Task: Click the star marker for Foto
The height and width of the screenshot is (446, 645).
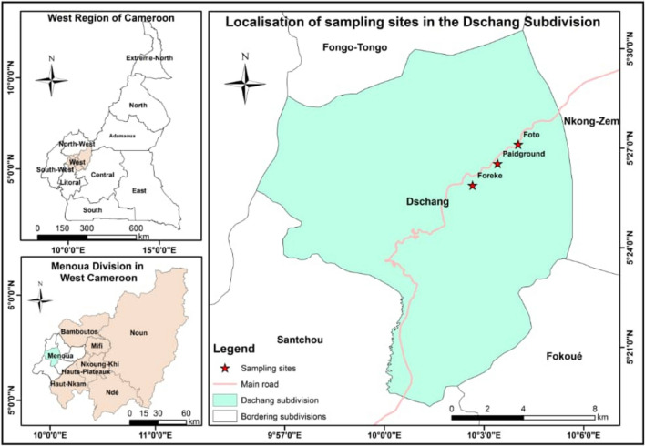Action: (518, 145)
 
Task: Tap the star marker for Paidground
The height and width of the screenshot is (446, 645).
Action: (497, 164)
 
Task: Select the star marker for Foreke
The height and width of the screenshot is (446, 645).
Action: (473, 186)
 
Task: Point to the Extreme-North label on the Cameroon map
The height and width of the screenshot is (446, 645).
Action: (148, 59)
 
